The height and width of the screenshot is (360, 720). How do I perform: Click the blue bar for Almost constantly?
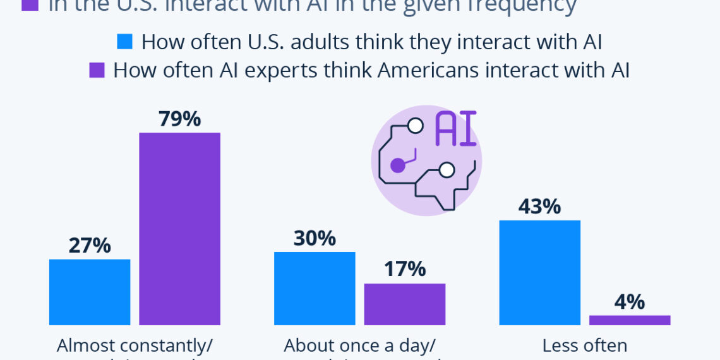(90, 292)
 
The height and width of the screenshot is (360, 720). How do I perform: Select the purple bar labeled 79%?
(179, 229)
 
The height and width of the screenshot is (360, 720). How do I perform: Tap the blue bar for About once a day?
(315, 288)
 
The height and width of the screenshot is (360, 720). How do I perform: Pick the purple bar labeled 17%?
(405, 304)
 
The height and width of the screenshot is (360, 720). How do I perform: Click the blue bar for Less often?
(540, 272)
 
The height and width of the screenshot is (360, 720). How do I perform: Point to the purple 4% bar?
(630, 320)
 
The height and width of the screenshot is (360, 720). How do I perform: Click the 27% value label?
(90, 245)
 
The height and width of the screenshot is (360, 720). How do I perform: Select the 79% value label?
(179, 119)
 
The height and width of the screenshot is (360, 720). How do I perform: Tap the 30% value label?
(315, 238)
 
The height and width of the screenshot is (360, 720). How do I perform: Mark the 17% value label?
(405, 270)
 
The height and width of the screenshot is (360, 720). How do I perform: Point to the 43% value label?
(540, 207)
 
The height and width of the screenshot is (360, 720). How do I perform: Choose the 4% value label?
(630, 302)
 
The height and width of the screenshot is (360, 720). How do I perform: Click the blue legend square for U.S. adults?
(124, 42)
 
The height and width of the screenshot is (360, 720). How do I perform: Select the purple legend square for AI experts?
(97, 70)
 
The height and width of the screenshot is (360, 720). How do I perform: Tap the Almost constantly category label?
(135, 345)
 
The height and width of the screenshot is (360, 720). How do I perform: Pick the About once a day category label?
(359, 345)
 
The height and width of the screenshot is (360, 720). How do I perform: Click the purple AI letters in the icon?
(455, 129)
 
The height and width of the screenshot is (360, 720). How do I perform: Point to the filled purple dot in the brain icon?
(397, 165)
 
